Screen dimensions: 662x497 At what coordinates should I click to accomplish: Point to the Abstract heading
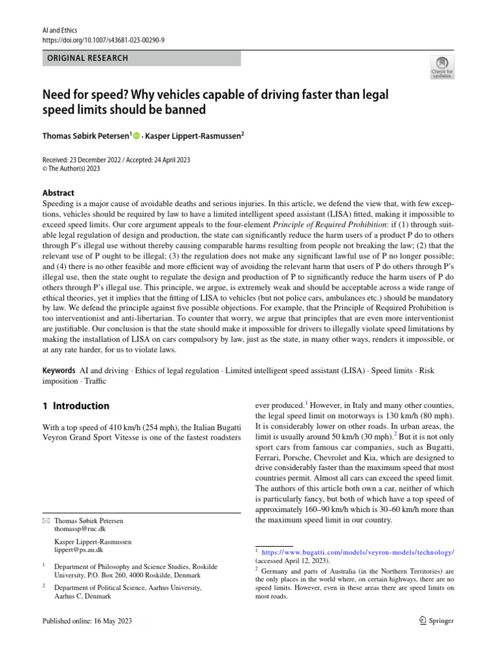click(x=58, y=193)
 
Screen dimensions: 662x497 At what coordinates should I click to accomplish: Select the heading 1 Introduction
click(x=75, y=407)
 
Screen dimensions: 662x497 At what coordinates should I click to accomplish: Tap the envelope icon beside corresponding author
click(x=45, y=520)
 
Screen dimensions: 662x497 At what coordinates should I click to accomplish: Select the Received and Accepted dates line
click(x=116, y=160)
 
